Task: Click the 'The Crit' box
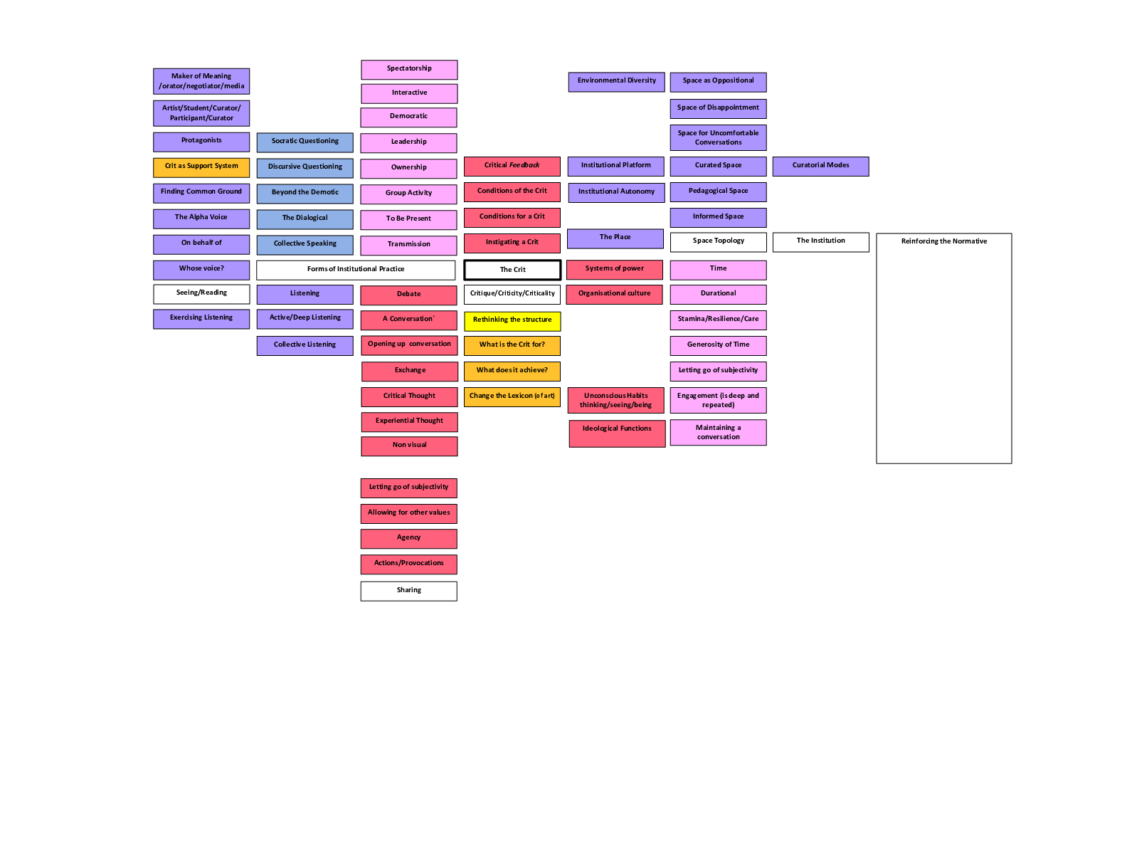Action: [x=512, y=270]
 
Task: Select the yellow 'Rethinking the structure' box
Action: [x=512, y=321]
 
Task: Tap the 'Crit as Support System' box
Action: [x=201, y=167]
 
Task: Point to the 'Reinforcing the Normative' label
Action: [x=943, y=241]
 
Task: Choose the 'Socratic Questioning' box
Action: [x=305, y=142]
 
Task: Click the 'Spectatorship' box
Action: [x=409, y=70]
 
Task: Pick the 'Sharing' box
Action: [x=408, y=591]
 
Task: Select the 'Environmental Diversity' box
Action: [x=616, y=82]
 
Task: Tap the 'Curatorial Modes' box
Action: [x=820, y=167]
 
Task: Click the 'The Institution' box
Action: [x=820, y=242]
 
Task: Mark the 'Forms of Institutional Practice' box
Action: [x=356, y=270]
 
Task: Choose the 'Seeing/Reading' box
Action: [x=201, y=294]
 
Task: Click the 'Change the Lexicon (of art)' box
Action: [x=512, y=396]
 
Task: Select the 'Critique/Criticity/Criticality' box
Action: [x=512, y=294]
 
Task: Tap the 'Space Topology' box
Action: [x=718, y=242]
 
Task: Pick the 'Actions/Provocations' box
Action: [x=408, y=564]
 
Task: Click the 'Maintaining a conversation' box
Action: [x=718, y=432]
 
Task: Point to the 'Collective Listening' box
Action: [x=305, y=345]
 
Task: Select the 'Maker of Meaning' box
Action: [x=201, y=81]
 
